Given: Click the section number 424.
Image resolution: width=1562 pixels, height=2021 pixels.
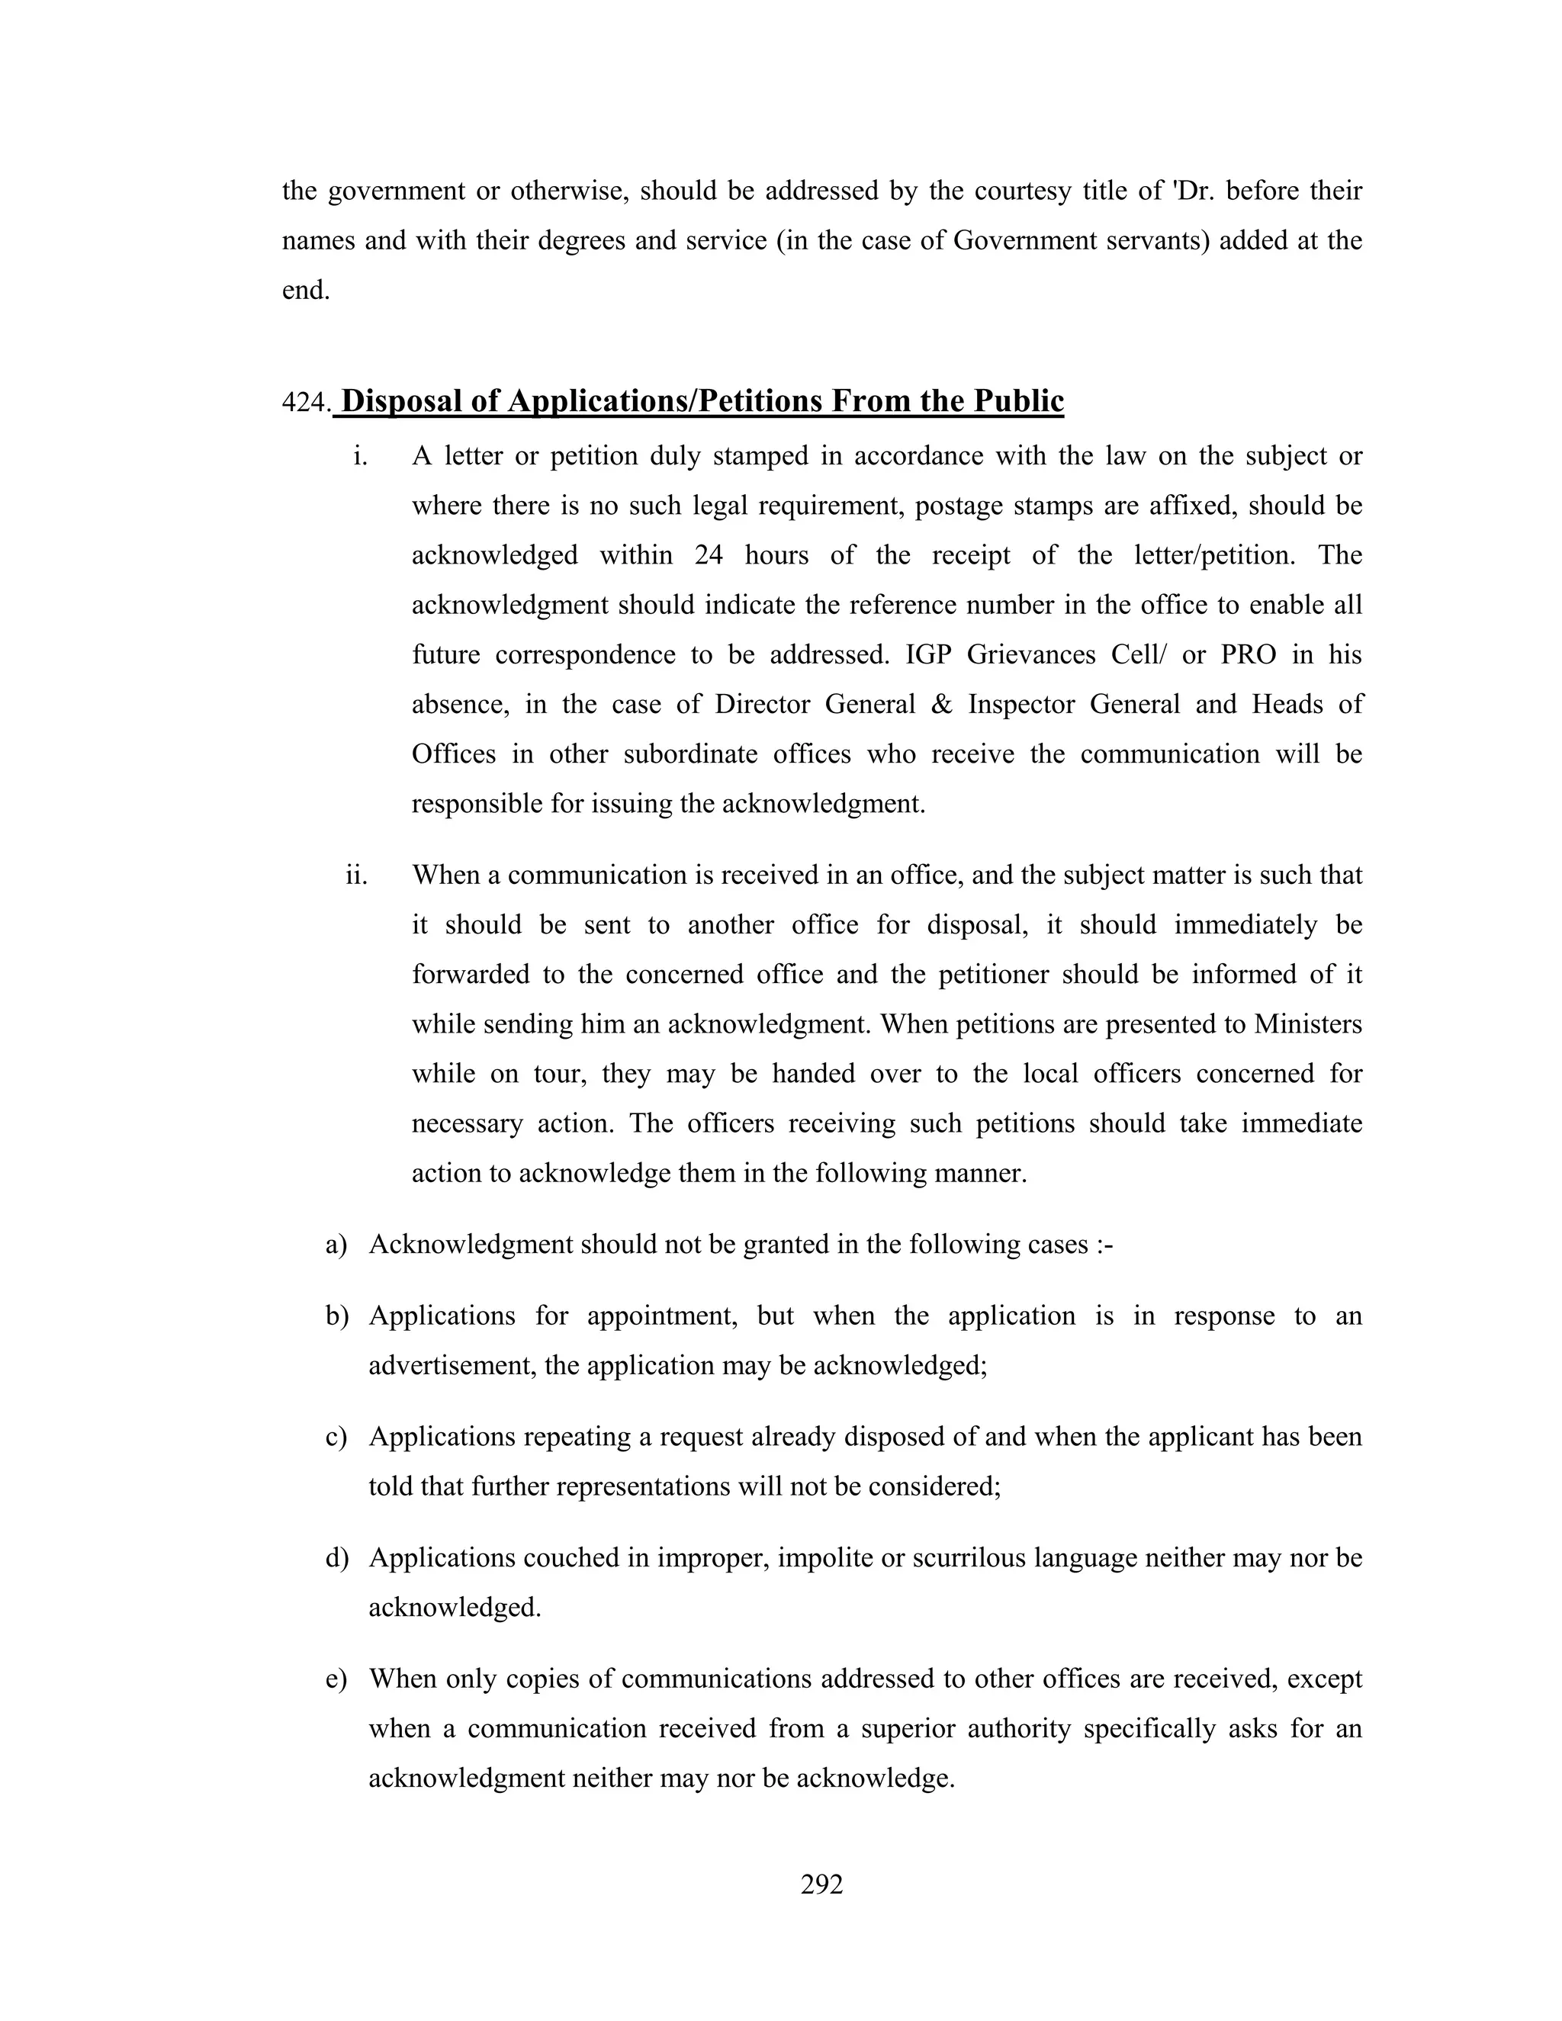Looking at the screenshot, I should [305, 402].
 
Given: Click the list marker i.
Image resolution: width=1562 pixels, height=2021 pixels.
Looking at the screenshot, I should [360, 456].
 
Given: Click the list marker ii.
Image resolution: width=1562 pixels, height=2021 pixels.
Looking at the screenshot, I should [356, 875].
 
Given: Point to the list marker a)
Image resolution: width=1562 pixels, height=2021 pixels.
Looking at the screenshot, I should [336, 1245].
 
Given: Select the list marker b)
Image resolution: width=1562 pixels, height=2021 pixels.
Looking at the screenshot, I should [336, 1316].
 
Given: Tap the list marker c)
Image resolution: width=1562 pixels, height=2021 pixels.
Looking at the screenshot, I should [336, 1437].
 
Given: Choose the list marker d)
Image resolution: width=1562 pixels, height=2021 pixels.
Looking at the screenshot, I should [336, 1558].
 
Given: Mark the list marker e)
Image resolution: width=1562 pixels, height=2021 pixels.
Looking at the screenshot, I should [336, 1679].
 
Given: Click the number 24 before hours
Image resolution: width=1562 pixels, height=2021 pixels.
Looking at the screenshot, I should [708, 555].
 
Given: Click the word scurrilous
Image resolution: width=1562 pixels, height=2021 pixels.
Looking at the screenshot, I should [969, 1558].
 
